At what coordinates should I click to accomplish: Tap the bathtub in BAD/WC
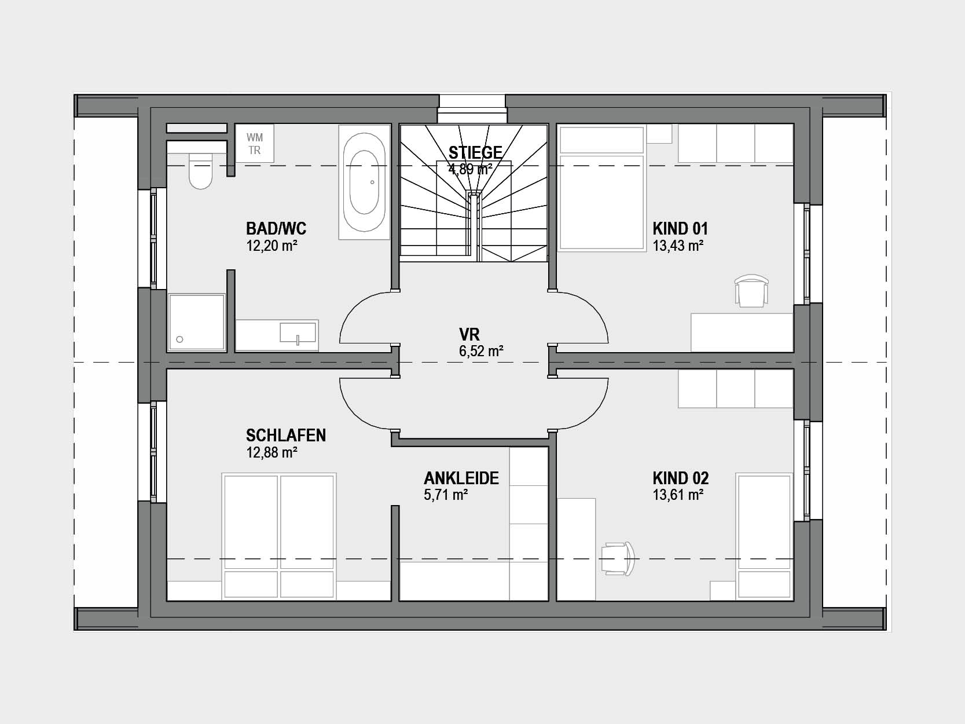click(x=364, y=182)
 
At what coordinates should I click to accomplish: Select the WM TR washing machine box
click(x=255, y=144)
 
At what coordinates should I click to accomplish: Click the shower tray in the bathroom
click(x=196, y=323)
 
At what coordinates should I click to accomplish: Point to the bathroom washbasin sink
click(x=298, y=332)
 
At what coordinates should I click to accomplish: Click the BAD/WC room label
click(x=276, y=229)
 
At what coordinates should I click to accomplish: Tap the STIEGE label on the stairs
click(x=475, y=152)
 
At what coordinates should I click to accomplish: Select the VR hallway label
click(x=469, y=334)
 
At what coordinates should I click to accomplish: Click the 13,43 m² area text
click(x=678, y=246)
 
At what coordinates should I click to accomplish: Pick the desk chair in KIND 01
click(x=752, y=291)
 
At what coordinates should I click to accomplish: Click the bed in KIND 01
click(x=602, y=188)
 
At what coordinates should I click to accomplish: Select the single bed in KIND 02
click(x=764, y=536)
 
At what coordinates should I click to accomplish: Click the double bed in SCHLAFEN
click(x=278, y=536)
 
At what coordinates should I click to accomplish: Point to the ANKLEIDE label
click(x=461, y=478)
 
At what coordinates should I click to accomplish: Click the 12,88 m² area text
click(x=271, y=452)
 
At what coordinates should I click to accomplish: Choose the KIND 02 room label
click(x=681, y=478)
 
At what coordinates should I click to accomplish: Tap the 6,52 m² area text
click(x=481, y=351)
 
